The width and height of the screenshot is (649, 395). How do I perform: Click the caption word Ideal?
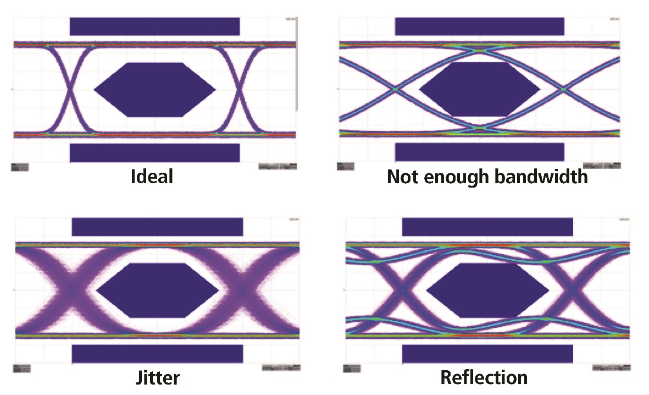click(x=151, y=177)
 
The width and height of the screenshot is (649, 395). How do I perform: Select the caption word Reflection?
click(x=484, y=377)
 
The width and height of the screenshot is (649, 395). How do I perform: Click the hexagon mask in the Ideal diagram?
click(x=155, y=90)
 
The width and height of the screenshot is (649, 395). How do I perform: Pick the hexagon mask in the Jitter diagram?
click(x=158, y=290)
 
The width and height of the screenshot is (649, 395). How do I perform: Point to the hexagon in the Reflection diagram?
click(x=487, y=290)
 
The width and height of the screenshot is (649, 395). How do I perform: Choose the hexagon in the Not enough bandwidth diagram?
click(x=480, y=89)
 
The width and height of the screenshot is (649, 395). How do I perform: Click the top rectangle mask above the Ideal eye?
click(x=154, y=26)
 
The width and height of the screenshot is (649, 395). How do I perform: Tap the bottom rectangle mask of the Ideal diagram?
click(x=154, y=152)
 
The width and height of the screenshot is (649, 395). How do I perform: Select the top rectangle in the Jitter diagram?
click(x=157, y=227)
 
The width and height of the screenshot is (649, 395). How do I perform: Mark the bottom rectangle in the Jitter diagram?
click(x=157, y=354)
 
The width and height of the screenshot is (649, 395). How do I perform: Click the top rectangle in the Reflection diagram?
click(x=487, y=227)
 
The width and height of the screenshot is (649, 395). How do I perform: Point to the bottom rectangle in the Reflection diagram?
click(x=487, y=354)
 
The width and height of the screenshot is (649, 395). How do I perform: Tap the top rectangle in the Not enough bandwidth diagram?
click(x=480, y=26)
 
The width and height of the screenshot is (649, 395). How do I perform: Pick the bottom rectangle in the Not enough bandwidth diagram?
click(x=480, y=152)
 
